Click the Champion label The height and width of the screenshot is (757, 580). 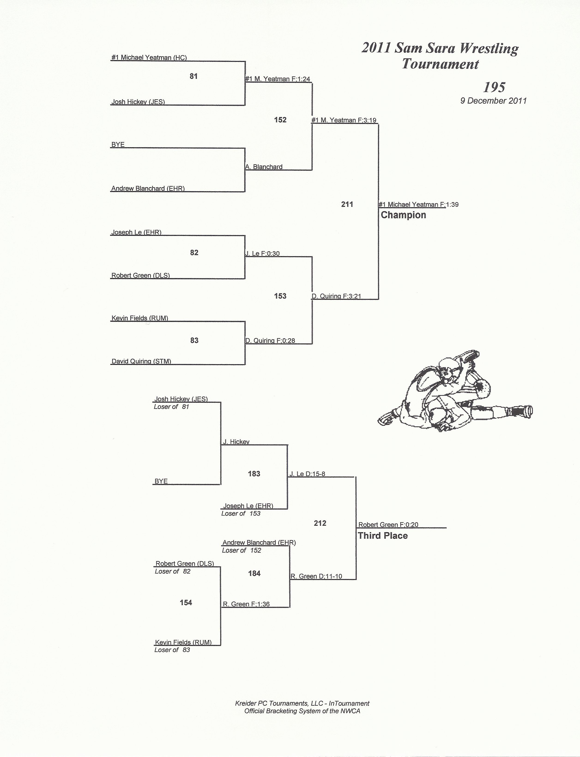[403, 215]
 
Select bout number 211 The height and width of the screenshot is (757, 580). [347, 204]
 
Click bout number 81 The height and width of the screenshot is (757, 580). [194, 76]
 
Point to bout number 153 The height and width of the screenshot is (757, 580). [280, 296]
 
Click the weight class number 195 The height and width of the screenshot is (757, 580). [494, 87]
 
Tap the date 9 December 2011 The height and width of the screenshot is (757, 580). [493, 101]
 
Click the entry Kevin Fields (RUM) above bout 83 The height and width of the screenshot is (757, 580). [140, 318]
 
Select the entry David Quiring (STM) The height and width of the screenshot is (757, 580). [141, 361]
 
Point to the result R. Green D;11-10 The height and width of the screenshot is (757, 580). [316, 576]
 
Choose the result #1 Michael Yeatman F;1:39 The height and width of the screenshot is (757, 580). [418, 205]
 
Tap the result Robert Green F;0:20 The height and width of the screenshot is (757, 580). [388, 525]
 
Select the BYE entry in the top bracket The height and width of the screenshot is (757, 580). [118, 144]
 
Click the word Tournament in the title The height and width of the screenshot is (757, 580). [440, 64]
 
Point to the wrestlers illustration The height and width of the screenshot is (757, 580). [455, 391]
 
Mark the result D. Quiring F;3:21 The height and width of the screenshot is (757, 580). [336, 296]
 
